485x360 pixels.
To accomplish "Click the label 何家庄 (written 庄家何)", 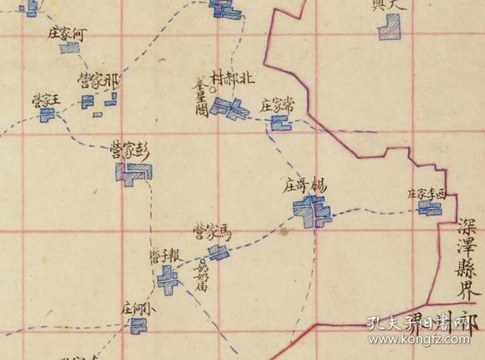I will point(70,33).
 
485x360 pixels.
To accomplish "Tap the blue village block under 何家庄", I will point(70,48).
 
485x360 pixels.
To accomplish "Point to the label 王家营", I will point(44,100).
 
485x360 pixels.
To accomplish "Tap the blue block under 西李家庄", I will point(430,208).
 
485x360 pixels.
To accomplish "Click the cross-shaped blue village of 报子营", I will point(169,278).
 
